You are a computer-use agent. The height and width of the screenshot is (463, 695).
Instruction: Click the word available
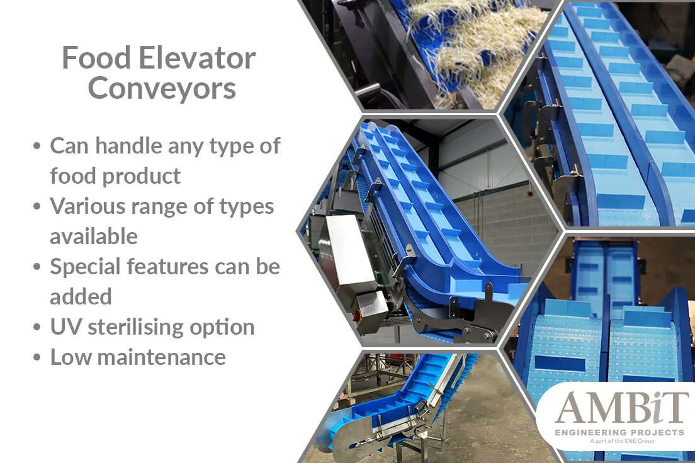tap(94, 237)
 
